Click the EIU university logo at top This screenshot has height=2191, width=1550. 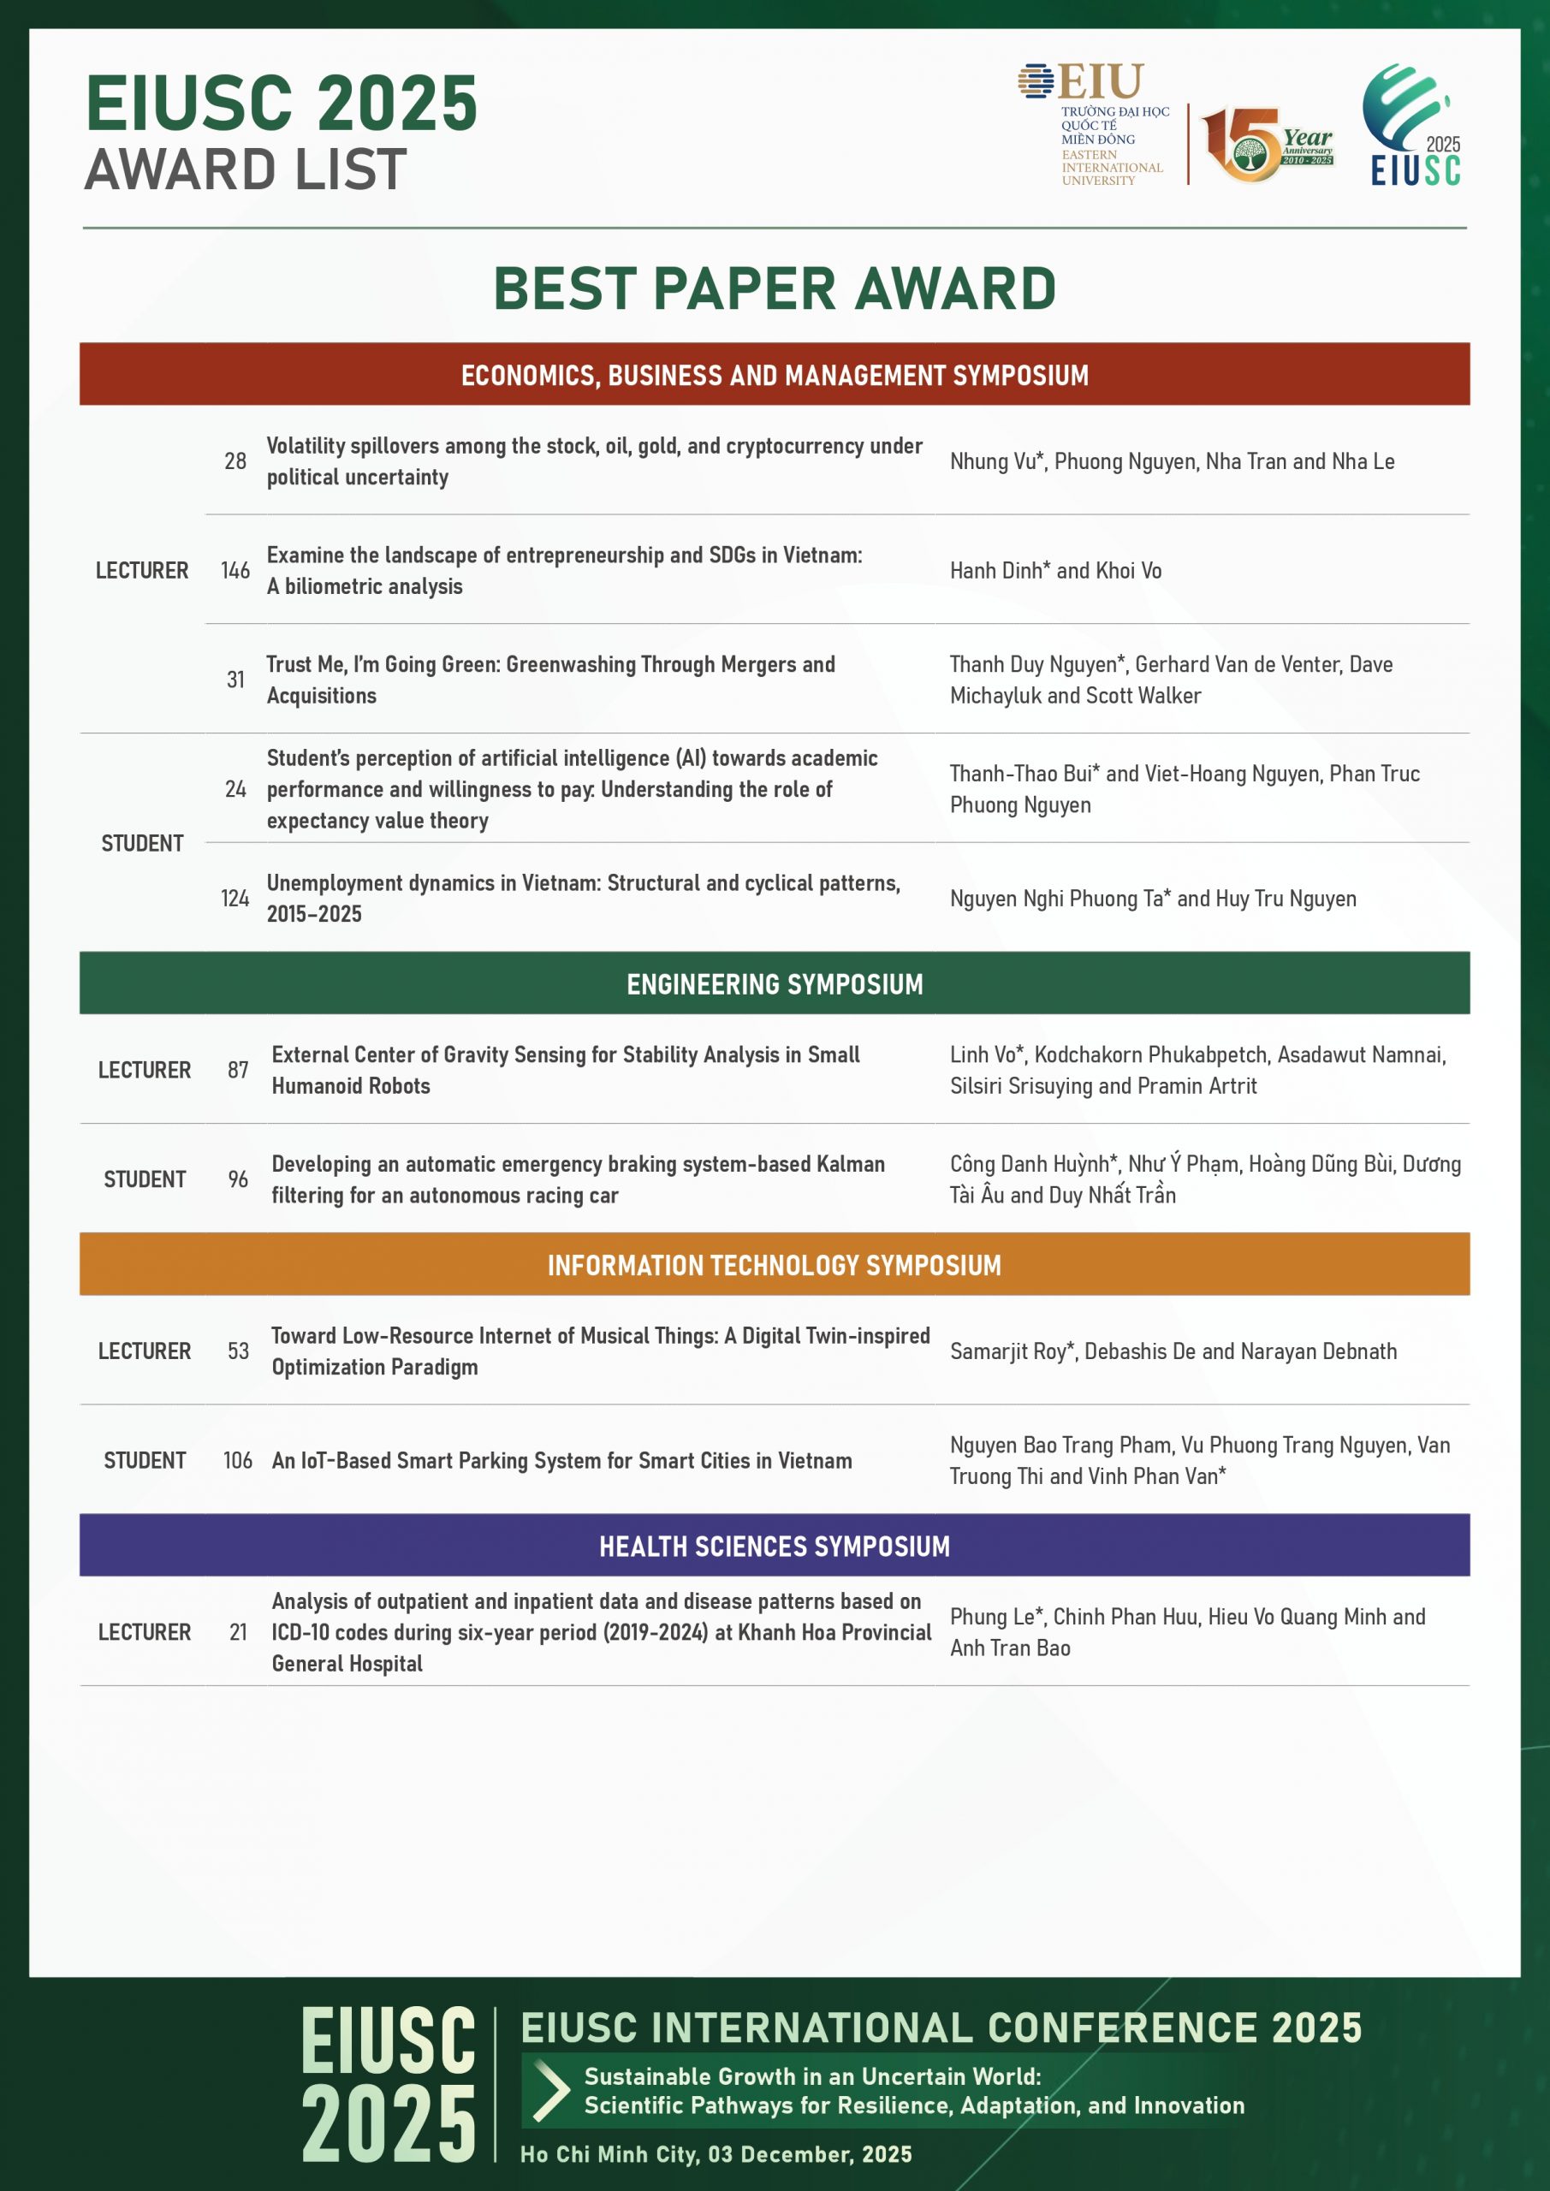click(1093, 122)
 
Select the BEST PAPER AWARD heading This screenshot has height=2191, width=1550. click(774, 288)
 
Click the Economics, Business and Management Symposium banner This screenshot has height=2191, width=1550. click(774, 375)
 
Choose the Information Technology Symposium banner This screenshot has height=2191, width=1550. click(774, 1264)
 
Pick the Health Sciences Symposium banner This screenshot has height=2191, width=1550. click(774, 1546)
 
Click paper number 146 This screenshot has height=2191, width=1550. click(235, 571)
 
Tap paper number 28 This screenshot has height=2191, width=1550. click(235, 462)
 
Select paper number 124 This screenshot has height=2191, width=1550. click(235, 899)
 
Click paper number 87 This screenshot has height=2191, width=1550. click(238, 1071)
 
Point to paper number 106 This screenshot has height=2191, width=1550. click(238, 1461)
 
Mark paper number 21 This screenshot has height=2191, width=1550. click(238, 1633)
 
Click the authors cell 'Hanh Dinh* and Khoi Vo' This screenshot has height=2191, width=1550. click(1054, 571)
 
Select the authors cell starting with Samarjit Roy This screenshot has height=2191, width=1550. click(1173, 1351)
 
